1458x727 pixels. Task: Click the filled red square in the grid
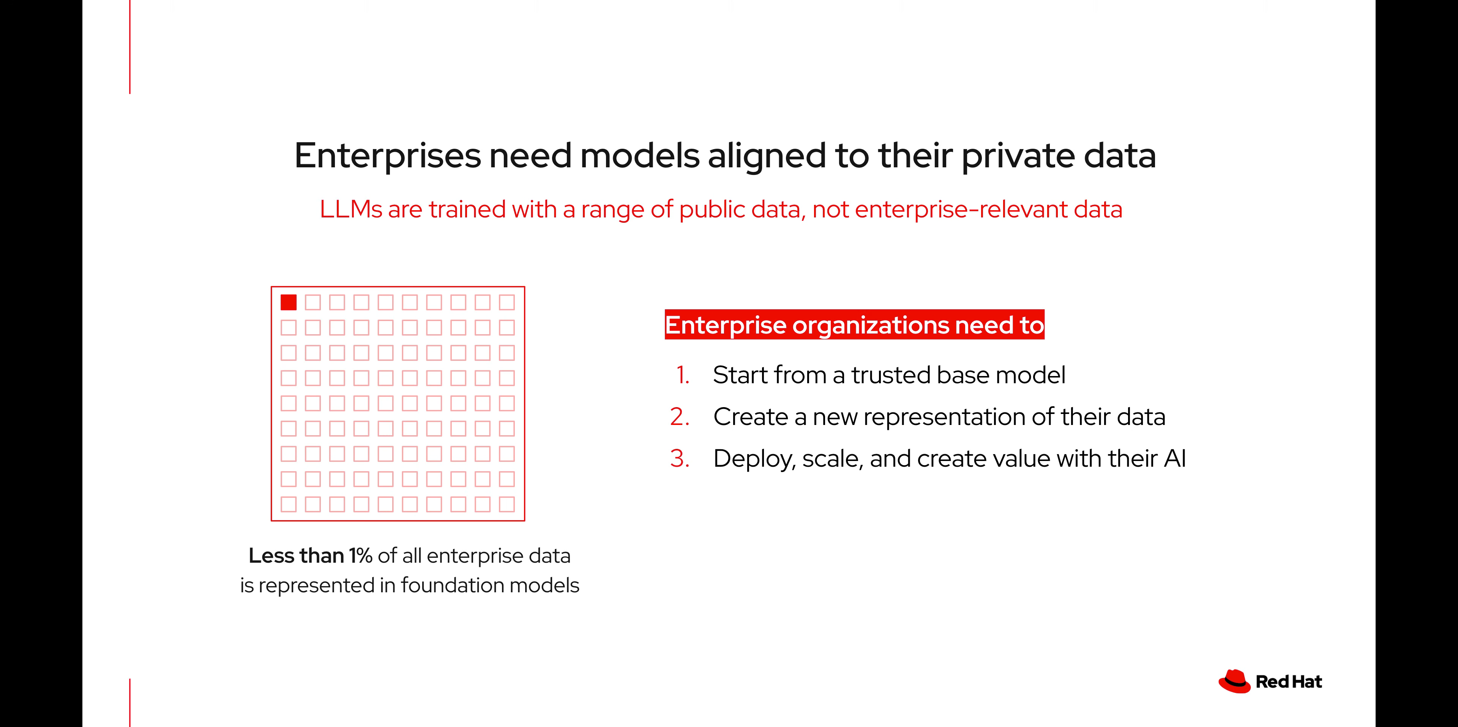click(x=289, y=303)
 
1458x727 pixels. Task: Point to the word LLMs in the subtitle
click(x=351, y=209)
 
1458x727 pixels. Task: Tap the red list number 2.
click(x=680, y=417)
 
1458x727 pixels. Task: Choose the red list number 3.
click(x=680, y=459)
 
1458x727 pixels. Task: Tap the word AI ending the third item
click(x=1175, y=459)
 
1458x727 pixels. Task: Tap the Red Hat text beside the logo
click(x=1289, y=682)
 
